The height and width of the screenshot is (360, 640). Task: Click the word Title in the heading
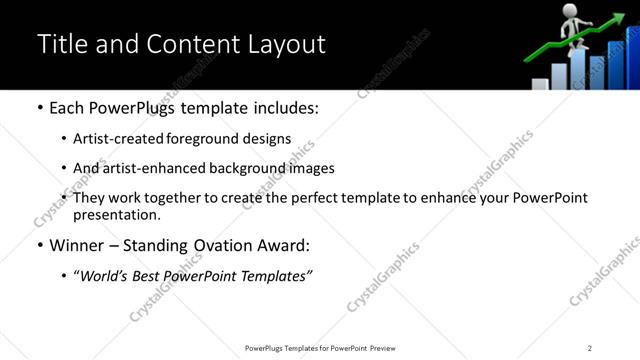point(61,45)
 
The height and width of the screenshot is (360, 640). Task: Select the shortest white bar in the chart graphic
point(540,84)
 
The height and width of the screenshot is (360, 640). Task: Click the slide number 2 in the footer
point(590,347)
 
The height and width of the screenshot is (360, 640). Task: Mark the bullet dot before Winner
point(40,245)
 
